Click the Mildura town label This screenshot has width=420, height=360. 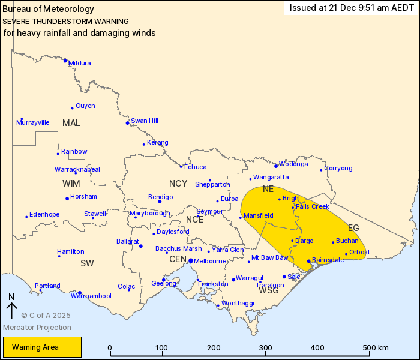(80, 63)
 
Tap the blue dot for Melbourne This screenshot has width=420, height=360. (190, 261)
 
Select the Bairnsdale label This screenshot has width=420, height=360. (329, 260)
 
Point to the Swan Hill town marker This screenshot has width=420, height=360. (127, 123)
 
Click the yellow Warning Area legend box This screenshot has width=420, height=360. (42, 347)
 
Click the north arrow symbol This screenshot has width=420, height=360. (11, 307)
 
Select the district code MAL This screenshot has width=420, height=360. (71, 123)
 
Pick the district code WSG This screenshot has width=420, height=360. (268, 291)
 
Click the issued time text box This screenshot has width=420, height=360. (351, 8)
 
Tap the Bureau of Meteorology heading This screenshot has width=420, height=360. (49, 9)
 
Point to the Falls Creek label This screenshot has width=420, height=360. (313, 206)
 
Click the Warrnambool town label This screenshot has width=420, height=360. (91, 296)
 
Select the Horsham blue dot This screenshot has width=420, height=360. (67, 199)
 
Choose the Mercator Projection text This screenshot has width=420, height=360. (37, 328)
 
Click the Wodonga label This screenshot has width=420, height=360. (294, 164)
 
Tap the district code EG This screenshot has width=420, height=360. (353, 228)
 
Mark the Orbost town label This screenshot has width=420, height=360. (359, 252)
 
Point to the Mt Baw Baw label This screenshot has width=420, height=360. (269, 257)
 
